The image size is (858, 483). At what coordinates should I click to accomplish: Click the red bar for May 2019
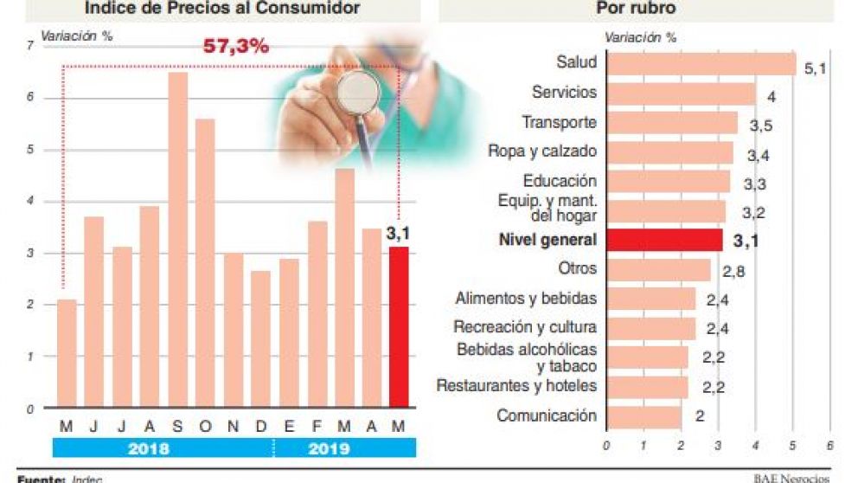(x=399, y=327)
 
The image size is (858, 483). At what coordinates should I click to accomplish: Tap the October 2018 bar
(x=205, y=263)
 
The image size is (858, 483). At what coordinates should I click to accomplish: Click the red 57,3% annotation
(x=235, y=46)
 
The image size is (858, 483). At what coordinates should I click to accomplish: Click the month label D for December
(x=260, y=426)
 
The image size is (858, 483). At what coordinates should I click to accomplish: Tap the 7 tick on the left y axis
(x=30, y=46)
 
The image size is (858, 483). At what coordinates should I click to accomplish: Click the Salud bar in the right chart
(x=701, y=64)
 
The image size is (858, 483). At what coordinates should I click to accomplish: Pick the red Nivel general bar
(x=664, y=240)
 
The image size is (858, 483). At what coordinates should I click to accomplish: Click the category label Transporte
(x=559, y=123)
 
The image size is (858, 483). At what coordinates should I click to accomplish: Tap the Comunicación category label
(x=547, y=415)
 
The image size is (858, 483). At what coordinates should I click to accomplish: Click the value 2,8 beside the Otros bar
(x=733, y=273)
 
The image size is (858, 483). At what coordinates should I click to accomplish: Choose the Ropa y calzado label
(x=542, y=151)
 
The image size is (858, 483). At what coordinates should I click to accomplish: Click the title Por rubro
(x=636, y=9)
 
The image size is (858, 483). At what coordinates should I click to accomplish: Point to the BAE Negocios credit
(x=791, y=477)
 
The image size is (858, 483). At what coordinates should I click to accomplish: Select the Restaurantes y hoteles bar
(x=647, y=386)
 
